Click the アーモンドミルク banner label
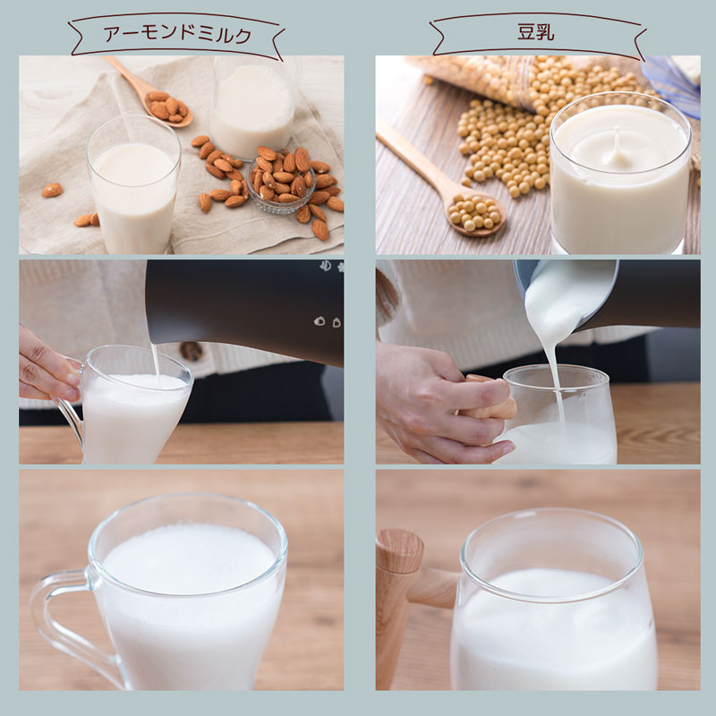tap(178, 35)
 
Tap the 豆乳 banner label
tap(536, 33)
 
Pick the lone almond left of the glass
tap(53, 190)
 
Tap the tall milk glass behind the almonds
tap(252, 106)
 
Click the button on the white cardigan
tap(191, 351)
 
